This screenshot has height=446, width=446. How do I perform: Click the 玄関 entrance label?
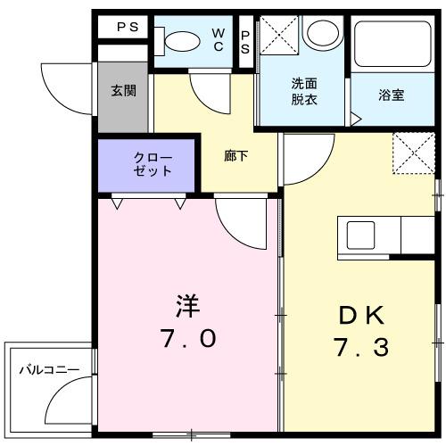pos(123,91)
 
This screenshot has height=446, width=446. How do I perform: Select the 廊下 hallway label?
pos(235,153)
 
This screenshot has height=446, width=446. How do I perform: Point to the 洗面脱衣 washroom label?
pos(303,91)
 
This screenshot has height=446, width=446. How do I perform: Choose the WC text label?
pos(218,39)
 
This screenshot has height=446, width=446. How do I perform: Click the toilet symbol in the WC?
pos(178,40)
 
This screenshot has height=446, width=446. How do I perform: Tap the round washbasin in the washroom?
pos(318,33)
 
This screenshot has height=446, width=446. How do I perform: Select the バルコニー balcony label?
pos(49,369)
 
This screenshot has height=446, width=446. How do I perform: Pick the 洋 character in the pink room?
pos(186,306)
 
